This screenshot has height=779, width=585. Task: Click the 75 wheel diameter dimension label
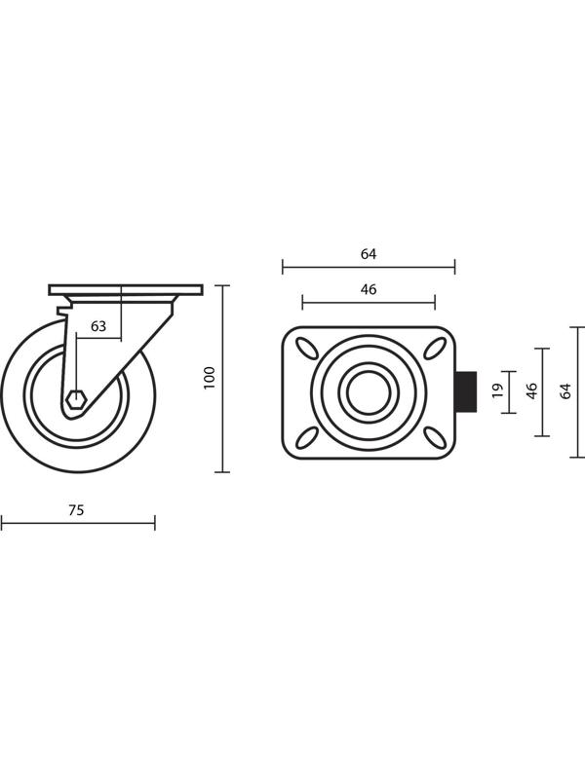[x=76, y=510]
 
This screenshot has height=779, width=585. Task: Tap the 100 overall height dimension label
[x=210, y=378]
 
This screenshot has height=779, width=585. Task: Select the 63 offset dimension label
[x=98, y=326]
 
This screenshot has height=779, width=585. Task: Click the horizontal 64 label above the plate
[x=369, y=254]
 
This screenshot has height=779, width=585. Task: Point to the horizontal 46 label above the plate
[x=369, y=289]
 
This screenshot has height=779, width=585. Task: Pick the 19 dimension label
[x=497, y=391]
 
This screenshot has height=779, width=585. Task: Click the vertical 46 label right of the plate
[x=531, y=391]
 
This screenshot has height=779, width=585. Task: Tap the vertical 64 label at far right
[x=565, y=391]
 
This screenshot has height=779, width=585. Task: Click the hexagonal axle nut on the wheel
[x=77, y=399]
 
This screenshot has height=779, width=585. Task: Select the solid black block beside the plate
[x=467, y=392]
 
